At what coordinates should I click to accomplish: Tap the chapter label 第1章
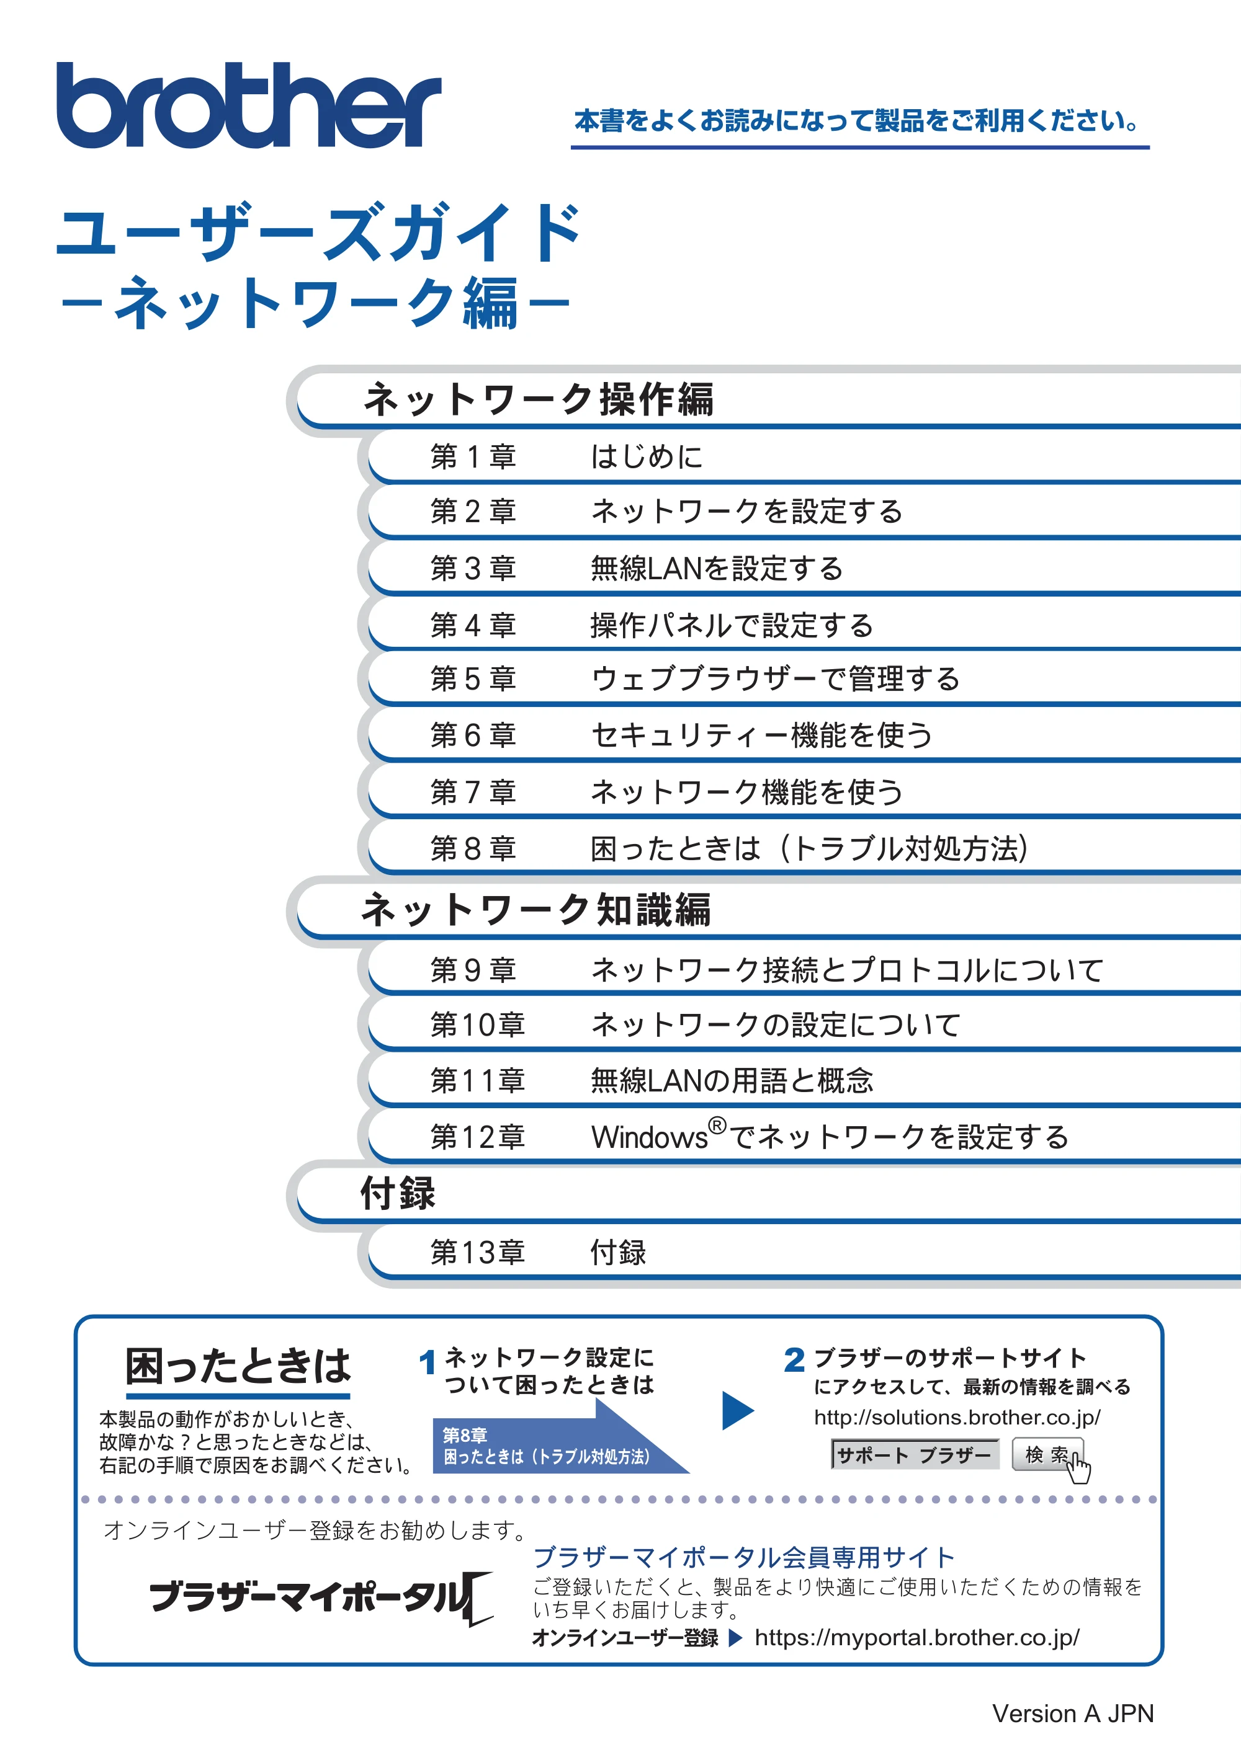pos(473,456)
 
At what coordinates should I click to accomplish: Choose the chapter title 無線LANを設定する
pos(717,569)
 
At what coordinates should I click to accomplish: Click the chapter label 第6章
pos(473,735)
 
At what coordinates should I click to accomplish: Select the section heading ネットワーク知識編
pos(537,910)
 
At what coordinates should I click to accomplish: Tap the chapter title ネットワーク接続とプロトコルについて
pos(847,970)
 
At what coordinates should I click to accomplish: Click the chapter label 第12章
pos(478,1137)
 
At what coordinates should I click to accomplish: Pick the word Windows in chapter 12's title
pos(649,1137)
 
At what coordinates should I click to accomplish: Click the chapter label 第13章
pos(478,1252)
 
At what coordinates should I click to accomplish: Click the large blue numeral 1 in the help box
pos(428,1362)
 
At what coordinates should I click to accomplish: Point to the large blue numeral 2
pos(794,1360)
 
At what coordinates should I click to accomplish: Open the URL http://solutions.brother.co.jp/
pos(957,1418)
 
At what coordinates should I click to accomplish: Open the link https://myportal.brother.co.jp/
pos(917,1638)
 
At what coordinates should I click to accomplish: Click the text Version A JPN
pos(1073,1713)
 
